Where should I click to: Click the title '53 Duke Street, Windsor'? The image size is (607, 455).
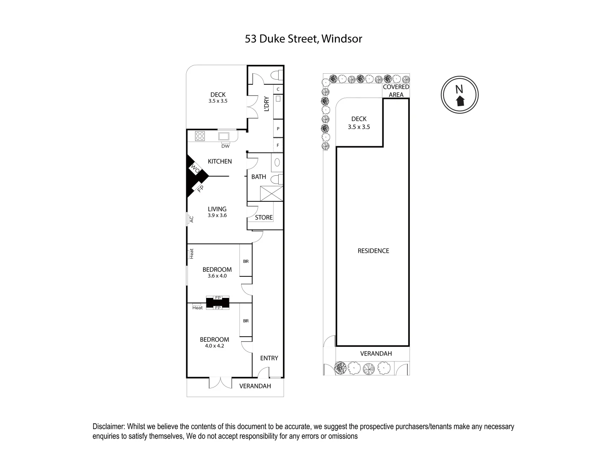pos(303,39)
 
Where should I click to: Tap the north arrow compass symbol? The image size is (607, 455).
pos(459,95)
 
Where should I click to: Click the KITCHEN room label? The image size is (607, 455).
pos(220,161)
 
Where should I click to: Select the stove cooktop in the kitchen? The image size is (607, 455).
pos(200,136)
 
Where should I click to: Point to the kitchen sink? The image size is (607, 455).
pos(224,136)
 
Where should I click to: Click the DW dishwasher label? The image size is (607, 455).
pos(226,146)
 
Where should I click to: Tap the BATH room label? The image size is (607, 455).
pos(258,177)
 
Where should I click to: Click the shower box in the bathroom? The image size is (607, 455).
pos(271,193)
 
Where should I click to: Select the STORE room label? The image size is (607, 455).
pos(264,217)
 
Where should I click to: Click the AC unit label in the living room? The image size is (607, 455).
pos(191,219)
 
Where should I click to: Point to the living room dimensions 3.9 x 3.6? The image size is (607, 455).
pos(218,215)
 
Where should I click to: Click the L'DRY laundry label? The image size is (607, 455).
pos(266,104)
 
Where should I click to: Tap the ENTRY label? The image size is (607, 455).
pos(269,358)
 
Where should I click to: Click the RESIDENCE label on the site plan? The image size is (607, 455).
pos(373,251)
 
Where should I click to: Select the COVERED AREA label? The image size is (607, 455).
pos(396,91)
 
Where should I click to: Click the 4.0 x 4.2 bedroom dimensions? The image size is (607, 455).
pos(215,346)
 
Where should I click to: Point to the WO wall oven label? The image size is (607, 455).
pos(195,169)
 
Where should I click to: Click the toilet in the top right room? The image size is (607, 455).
pos(277,75)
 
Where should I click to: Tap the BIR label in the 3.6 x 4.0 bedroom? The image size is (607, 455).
pos(246,261)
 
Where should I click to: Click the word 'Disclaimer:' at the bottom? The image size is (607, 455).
pos(109,426)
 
